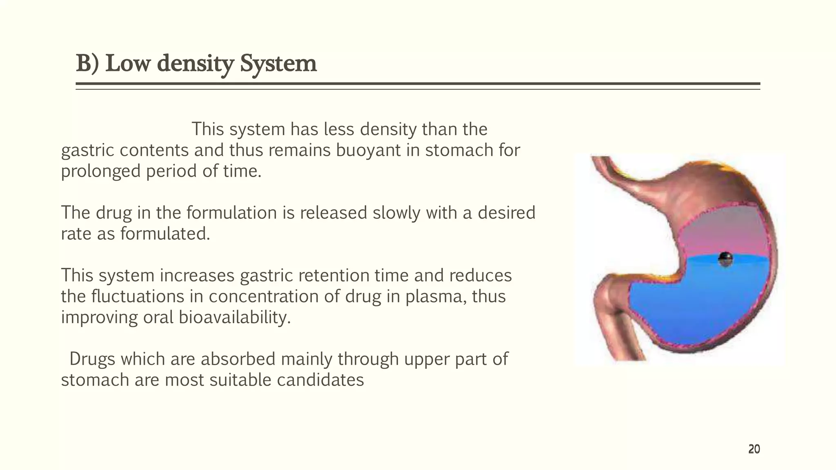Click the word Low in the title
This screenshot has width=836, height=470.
click(127, 64)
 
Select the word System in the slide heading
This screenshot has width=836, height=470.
click(278, 64)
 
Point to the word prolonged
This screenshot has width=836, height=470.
click(100, 171)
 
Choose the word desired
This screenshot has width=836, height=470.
click(506, 213)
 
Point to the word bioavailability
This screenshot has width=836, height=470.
click(235, 318)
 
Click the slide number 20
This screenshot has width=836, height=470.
click(754, 450)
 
